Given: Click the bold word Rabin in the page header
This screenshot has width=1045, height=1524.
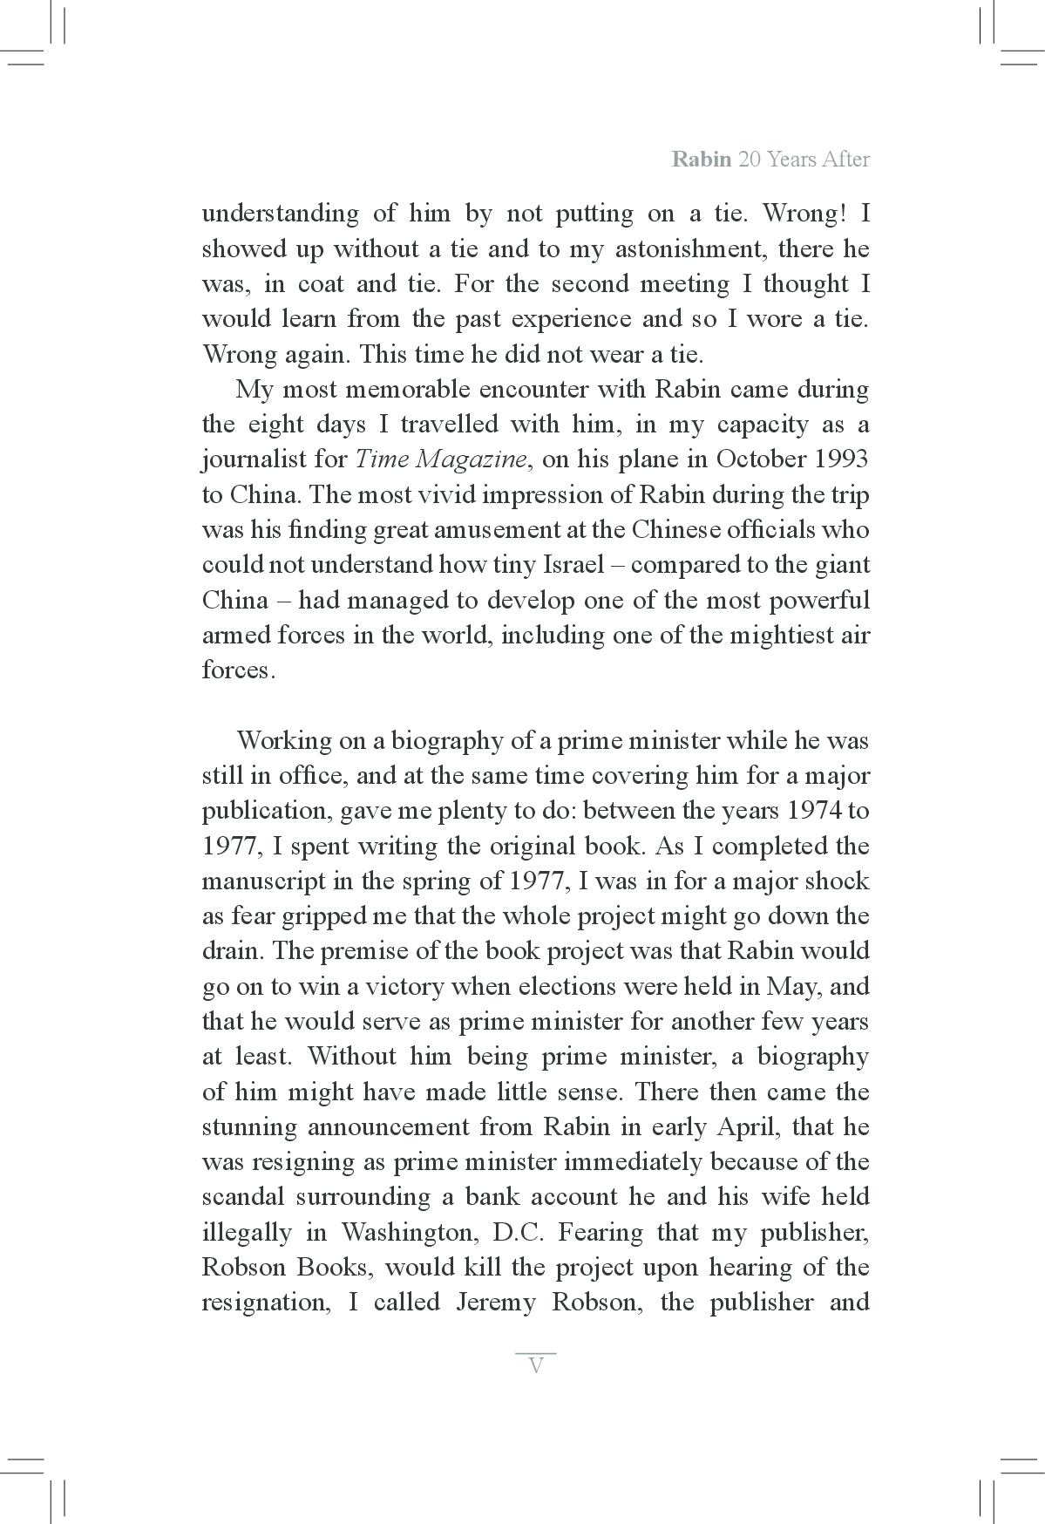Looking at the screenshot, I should pyautogui.click(x=701, y=160).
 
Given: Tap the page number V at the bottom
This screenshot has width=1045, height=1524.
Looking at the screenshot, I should pyautogui.click(x=536, y=1365).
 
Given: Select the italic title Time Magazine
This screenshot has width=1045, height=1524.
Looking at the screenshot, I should pyautogui.click(x=440, y=459).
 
